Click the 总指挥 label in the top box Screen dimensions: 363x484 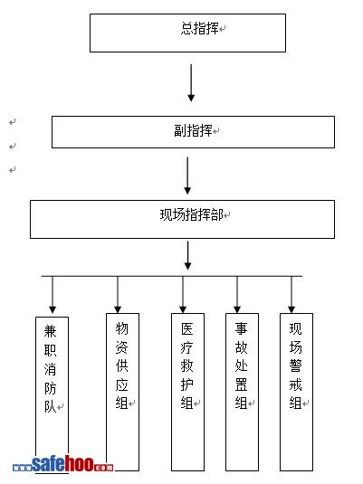(200, 29)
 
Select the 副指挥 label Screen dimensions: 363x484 (193, 130)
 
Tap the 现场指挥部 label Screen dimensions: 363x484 (192, 214)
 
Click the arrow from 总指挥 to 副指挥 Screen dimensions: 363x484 (191, 82)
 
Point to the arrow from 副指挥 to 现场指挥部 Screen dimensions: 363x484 (187, 176)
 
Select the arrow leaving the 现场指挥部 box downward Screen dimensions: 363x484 (187, 256)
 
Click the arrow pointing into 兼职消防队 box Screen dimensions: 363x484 (53, 295)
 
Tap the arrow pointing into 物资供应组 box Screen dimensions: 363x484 (118, 295)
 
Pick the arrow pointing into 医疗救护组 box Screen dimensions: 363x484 (183, 295)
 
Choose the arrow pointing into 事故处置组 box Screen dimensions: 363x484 (237, 295)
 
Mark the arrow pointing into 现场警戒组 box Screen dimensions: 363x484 (291, 295)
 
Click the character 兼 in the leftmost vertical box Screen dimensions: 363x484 (50, 332)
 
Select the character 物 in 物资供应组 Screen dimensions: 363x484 (121, 328)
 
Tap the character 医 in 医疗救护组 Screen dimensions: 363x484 (187, 329)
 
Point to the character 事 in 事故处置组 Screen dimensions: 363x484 (242, 328)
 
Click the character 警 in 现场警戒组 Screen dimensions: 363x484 (296, 365)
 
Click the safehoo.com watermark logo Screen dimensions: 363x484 (63, 464)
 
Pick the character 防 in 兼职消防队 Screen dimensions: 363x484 (50, 388)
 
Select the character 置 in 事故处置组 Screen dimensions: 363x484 (242, 384)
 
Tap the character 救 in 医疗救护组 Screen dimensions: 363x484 (187, 366)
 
